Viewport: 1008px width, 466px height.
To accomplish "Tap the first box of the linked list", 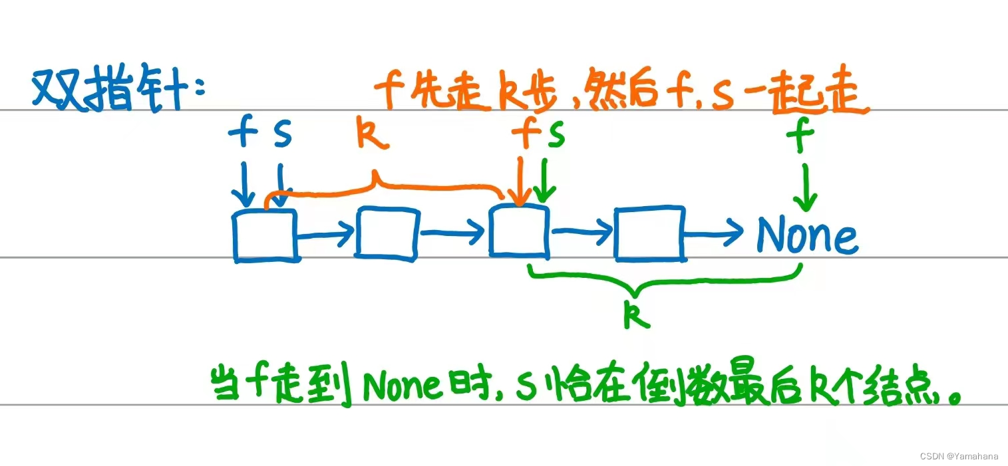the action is (265, 235).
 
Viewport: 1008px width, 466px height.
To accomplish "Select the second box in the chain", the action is (388, 233).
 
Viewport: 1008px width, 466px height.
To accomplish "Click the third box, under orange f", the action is (520, 231).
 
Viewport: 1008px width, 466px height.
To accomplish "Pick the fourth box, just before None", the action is (649, 233).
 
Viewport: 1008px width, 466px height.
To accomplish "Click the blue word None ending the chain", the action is (806, 236).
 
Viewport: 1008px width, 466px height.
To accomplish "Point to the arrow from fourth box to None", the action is (713, 231).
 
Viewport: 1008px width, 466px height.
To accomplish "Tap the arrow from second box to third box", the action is (453, 232).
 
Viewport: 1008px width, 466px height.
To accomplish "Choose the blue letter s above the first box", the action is (282, 135).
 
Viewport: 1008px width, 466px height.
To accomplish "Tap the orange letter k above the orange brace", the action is (371, 134).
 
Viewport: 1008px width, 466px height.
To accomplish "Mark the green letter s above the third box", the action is (555, 136).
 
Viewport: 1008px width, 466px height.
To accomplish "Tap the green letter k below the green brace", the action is (637, 316).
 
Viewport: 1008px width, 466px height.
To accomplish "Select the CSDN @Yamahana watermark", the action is (959, 456).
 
